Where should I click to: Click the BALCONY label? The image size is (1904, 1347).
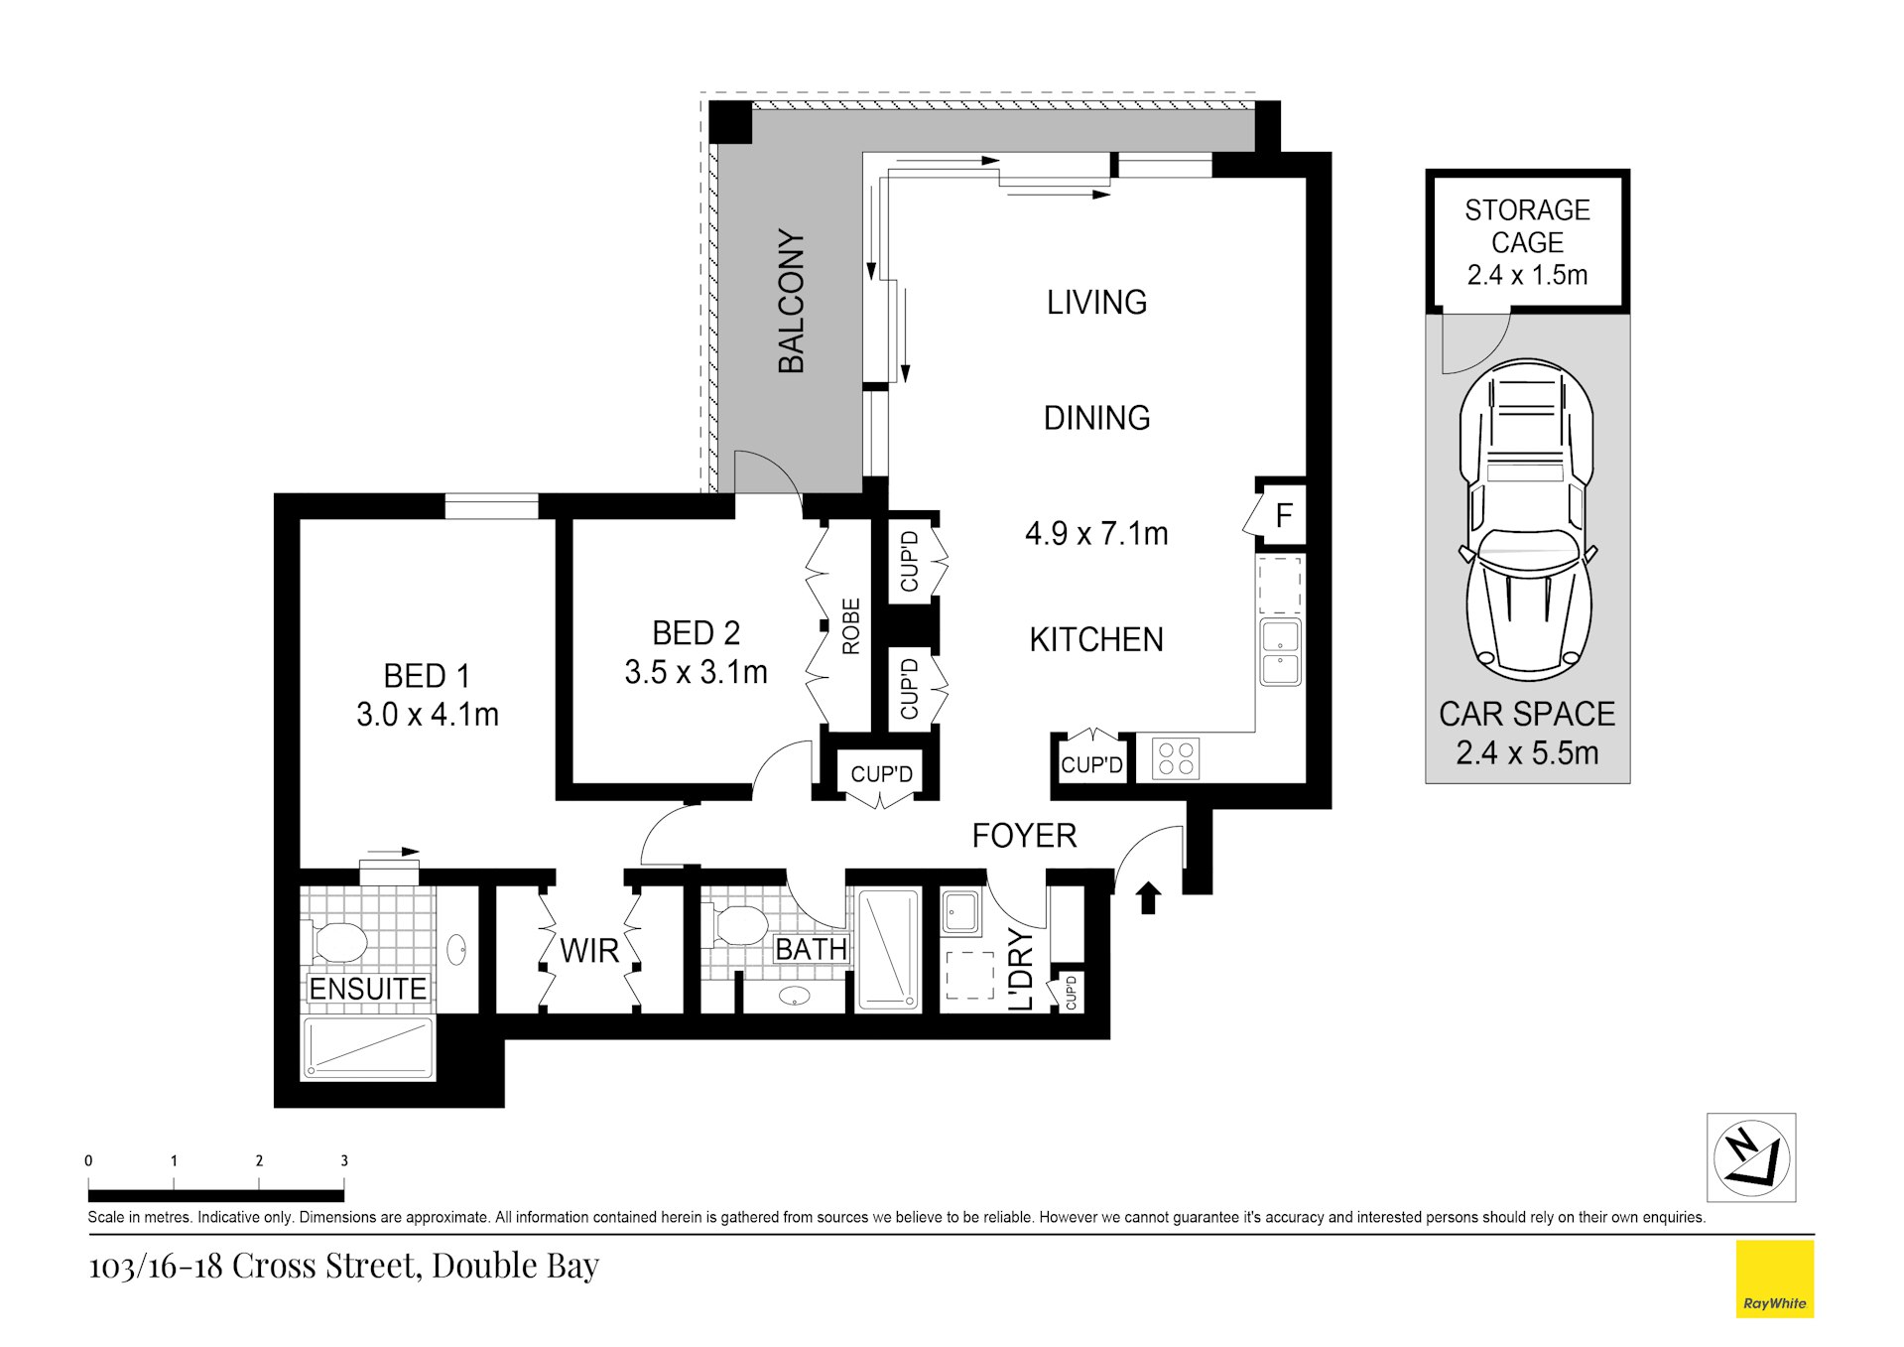791,301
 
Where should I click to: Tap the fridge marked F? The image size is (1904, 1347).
1283,515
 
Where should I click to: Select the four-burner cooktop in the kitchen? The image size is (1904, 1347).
1176,759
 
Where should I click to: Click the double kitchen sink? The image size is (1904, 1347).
1280,652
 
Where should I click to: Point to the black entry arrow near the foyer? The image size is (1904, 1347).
1148,897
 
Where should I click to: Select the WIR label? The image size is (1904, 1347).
588,951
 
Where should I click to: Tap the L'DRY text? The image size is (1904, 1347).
1021,970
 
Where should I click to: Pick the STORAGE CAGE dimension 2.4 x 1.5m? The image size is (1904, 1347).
1527,275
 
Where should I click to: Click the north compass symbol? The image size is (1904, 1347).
1751,1157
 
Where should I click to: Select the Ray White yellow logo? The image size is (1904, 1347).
1774,1280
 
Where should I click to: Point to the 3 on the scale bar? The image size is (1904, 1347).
344,1160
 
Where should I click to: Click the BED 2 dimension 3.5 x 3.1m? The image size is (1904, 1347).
696,673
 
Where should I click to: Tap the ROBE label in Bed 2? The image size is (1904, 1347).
851,626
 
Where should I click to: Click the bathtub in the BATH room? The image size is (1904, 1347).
888,950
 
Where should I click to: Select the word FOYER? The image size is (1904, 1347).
1024,836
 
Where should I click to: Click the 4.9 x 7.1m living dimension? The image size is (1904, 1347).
1096,534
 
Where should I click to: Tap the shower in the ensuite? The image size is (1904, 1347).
368,1047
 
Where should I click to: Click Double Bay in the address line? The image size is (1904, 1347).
515,1266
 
